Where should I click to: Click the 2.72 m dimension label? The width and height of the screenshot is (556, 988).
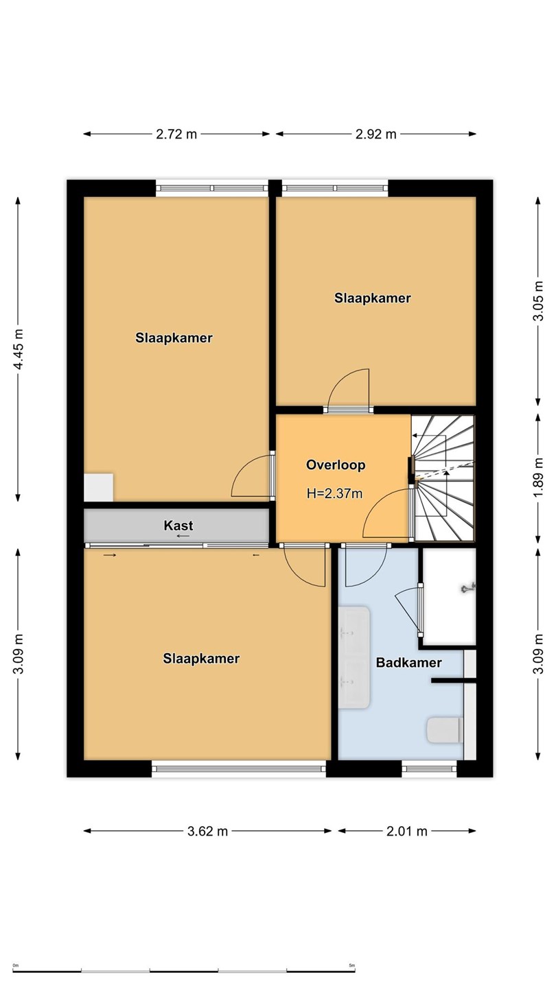click(x=176, y=134)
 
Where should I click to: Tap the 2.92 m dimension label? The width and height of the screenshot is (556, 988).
click(x=376, y=134)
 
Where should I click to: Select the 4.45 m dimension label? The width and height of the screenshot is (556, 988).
click(x=18, y=349)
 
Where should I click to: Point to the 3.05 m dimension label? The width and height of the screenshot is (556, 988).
click(x=538, y=301)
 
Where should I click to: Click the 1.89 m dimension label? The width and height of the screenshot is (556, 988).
click(x=538, y=478)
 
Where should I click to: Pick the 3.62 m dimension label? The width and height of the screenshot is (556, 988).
click(x=207, y=832)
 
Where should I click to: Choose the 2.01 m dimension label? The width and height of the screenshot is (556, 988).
click(x=407, y=832)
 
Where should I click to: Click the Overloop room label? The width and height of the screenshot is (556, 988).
click(x=336, y=465)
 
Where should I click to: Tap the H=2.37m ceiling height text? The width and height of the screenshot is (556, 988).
click(x=334, y=493)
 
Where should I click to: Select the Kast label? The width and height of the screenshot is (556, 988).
click(x=178, y=526)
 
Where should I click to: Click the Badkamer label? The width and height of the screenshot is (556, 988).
click(x=408, y=663)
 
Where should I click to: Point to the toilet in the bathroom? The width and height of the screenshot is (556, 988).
click(x=445, y=730)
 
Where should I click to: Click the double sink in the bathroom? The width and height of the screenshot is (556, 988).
click(x=354, y=657)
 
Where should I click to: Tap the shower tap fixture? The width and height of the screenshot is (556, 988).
click(x=468, y=588)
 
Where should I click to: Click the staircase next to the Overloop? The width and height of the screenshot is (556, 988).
click(x=443, y=478)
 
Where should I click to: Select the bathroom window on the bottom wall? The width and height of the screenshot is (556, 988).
click(x=430, y=769)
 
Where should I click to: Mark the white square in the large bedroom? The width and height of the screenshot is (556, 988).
click(x=98, y=487)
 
